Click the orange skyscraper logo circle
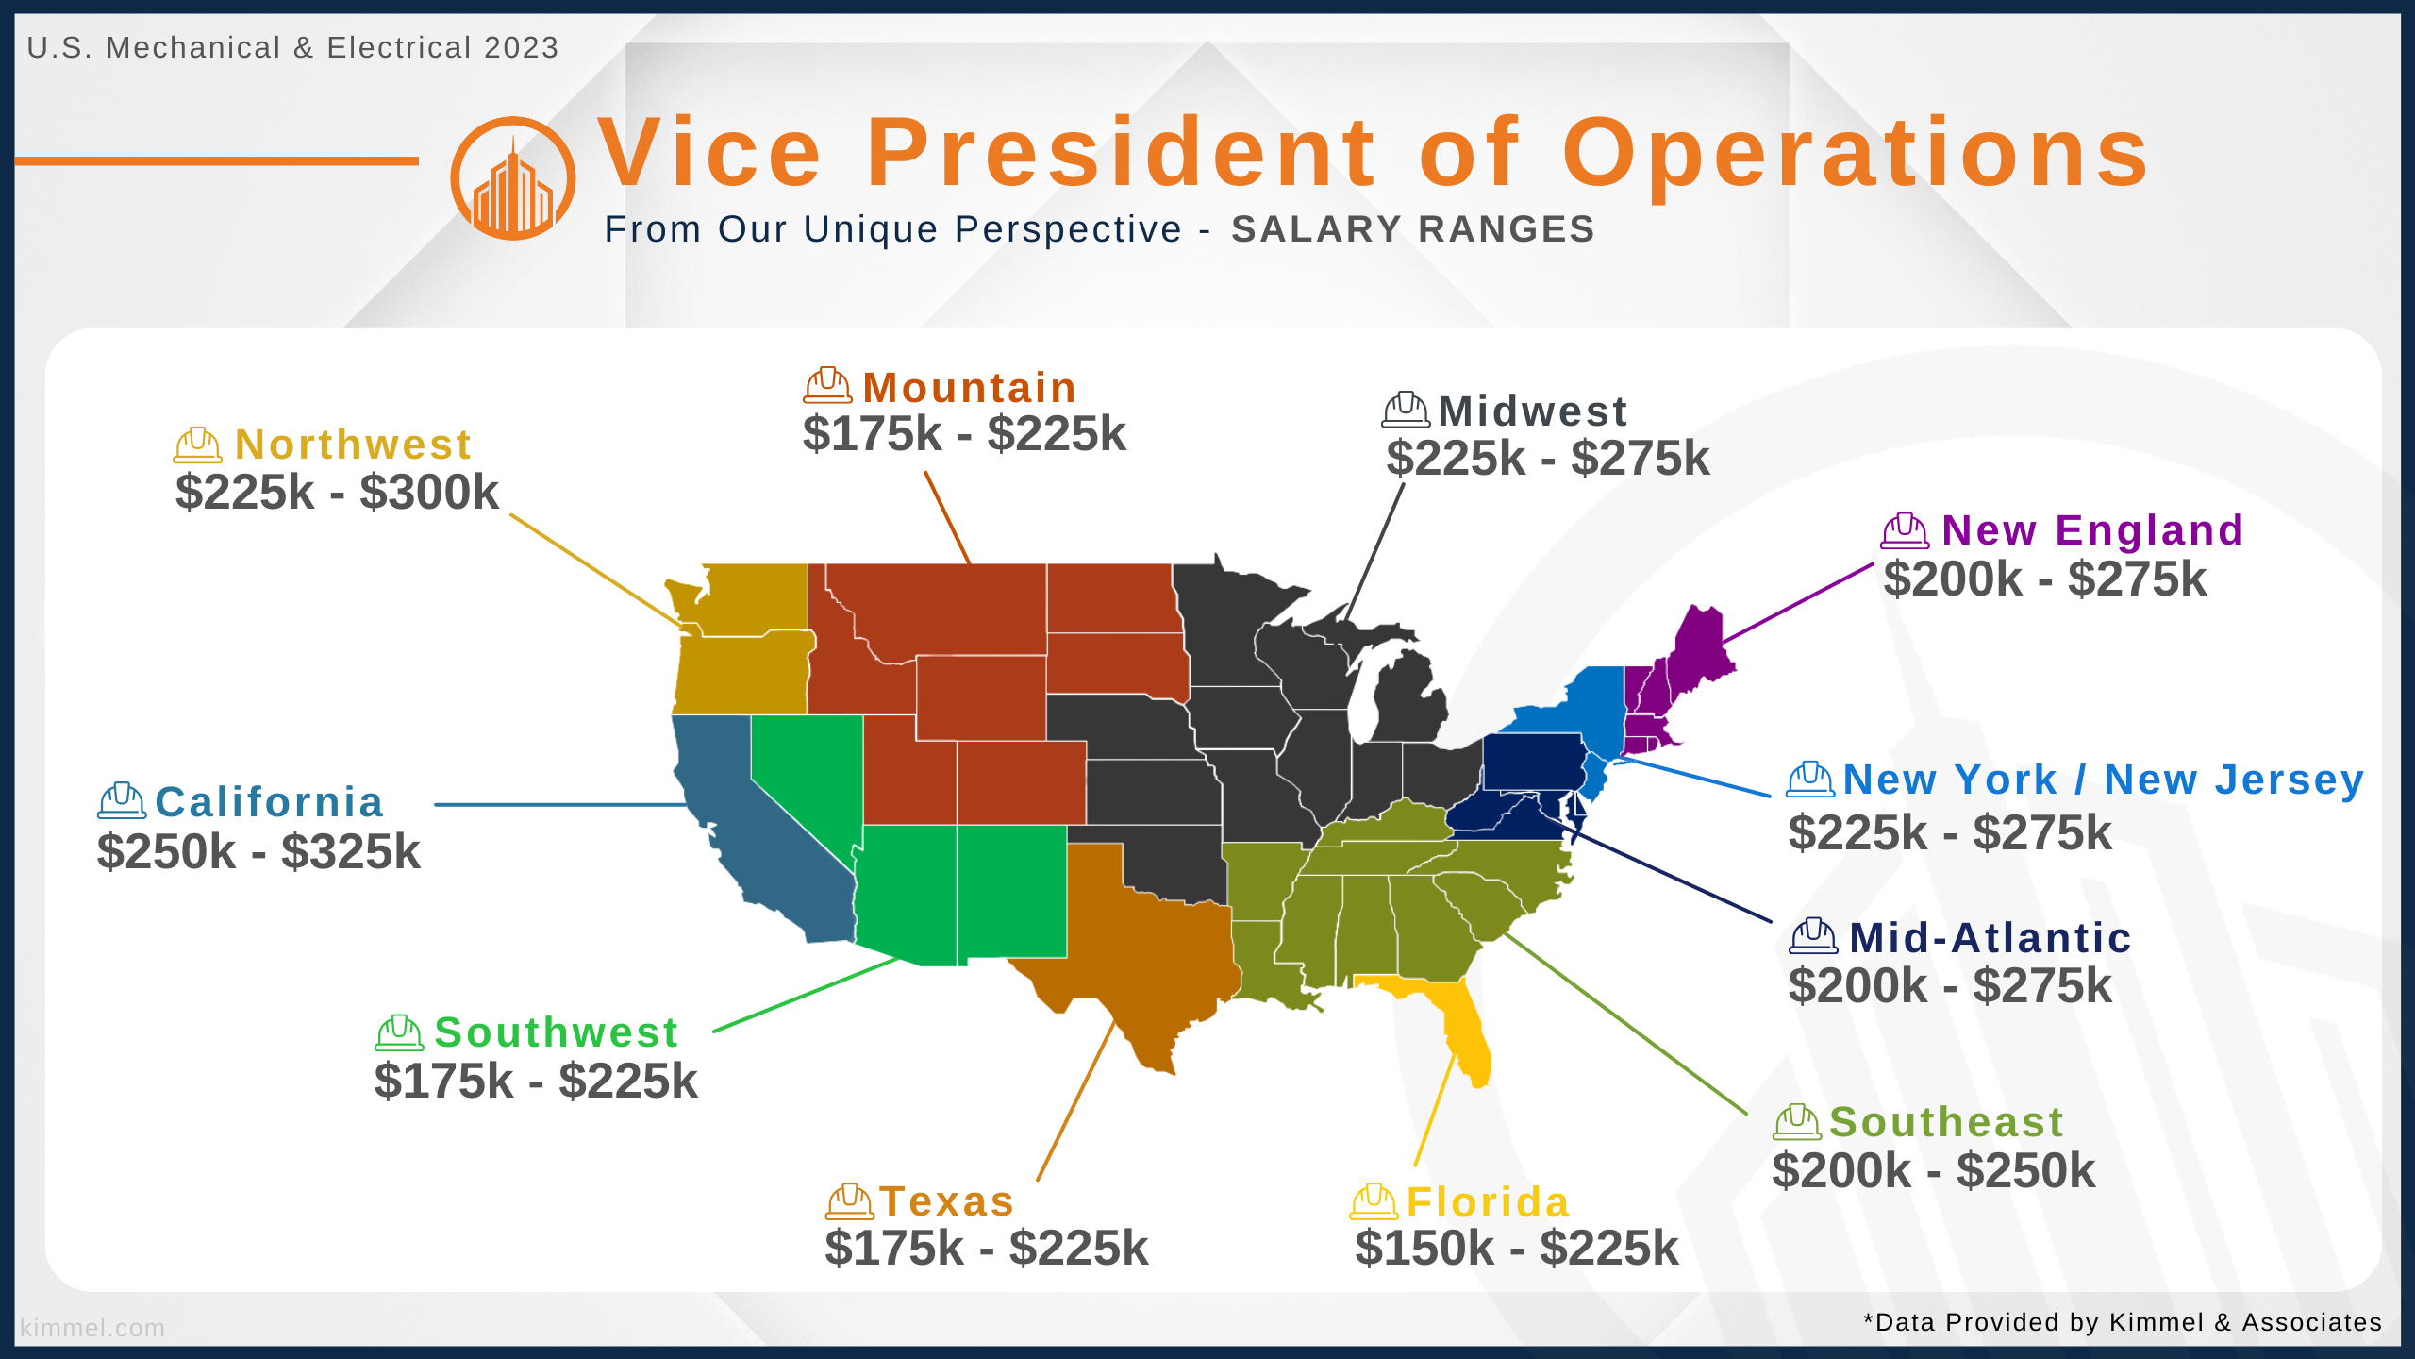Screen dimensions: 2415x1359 (x=513, y=178)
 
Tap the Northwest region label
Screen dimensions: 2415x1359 (x=353, y=445)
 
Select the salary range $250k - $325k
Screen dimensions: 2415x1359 (x=258, y=851)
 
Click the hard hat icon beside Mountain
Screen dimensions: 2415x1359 (x=827, y=385)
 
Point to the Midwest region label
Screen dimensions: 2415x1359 (x=1533, y=411)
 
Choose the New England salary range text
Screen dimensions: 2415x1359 (x=2045, y=579)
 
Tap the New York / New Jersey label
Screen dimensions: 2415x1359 (x=2104, y=780)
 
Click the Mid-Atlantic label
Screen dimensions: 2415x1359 (x=1990, y=938)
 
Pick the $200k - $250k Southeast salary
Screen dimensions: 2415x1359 (x=1934, y=1170)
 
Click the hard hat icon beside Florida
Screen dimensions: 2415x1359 (x=1374, y=1201)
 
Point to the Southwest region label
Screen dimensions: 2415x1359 (x=557, y=1032)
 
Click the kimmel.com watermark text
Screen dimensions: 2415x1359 (x=92, y=1328)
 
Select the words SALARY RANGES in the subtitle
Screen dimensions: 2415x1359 (x=1413, y=229)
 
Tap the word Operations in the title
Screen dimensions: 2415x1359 (x=1856, y=153)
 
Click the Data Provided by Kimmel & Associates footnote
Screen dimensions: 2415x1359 (x=2123, y=1322)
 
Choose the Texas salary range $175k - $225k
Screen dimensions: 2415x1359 (x=987, y=1248)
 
